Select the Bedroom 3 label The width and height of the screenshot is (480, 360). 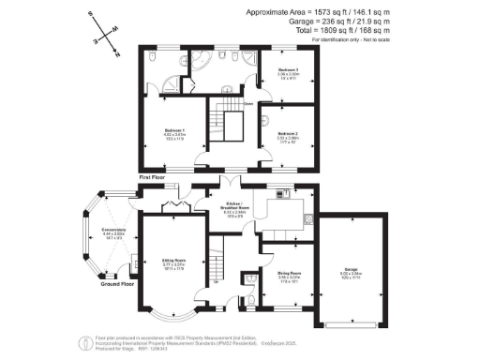tap(288, 71)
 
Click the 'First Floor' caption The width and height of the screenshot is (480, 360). tap(153, 176)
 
